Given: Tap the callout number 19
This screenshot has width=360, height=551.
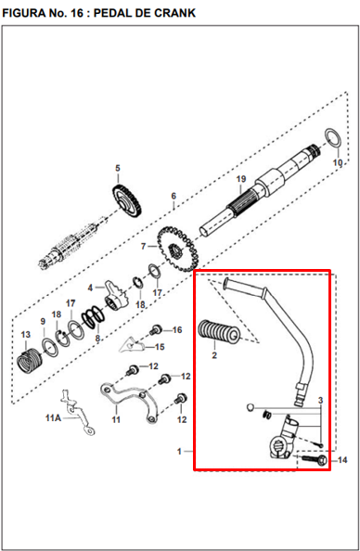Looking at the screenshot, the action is coord(241,179).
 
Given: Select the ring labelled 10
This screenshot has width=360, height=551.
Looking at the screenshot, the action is coord(332,137).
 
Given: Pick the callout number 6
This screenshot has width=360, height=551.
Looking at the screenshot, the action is coord(174,196).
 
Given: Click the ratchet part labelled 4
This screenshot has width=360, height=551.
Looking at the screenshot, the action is coord(116,296).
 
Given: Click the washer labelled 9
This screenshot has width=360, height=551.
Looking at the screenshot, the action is coord(49,347).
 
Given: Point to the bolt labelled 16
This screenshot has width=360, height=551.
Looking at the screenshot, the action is coord(156,329).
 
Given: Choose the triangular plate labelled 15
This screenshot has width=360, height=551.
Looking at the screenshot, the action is coord(132,345).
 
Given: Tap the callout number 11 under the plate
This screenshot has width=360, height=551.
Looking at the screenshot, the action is coord(116,419).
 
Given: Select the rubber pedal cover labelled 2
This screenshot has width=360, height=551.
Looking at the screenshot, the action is coord(219,331).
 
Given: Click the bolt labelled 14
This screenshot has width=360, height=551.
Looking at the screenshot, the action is coord(315,459).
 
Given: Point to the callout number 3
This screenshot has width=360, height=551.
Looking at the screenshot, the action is coord(320,400).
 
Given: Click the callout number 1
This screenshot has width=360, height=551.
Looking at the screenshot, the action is coord(179,451).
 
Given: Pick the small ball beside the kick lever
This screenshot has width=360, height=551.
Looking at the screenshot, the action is coord(250,407).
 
